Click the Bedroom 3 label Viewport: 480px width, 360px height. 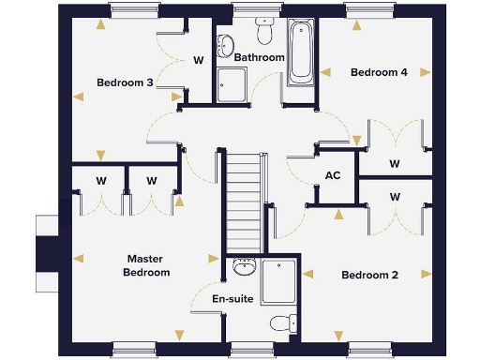125,82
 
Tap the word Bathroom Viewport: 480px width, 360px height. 259,58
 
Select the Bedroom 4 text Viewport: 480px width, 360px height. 378,72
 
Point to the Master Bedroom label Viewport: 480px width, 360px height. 146,265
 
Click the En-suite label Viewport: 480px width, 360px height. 231,299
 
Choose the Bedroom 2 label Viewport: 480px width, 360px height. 369,276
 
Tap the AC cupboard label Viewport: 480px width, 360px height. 332,175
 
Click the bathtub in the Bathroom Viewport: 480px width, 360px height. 302,52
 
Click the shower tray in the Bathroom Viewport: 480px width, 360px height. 232,84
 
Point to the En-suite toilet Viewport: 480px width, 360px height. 280,323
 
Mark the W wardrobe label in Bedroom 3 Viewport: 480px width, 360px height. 198,60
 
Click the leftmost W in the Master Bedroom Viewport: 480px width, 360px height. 100,180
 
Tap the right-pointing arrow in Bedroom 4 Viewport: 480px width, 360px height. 427,71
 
